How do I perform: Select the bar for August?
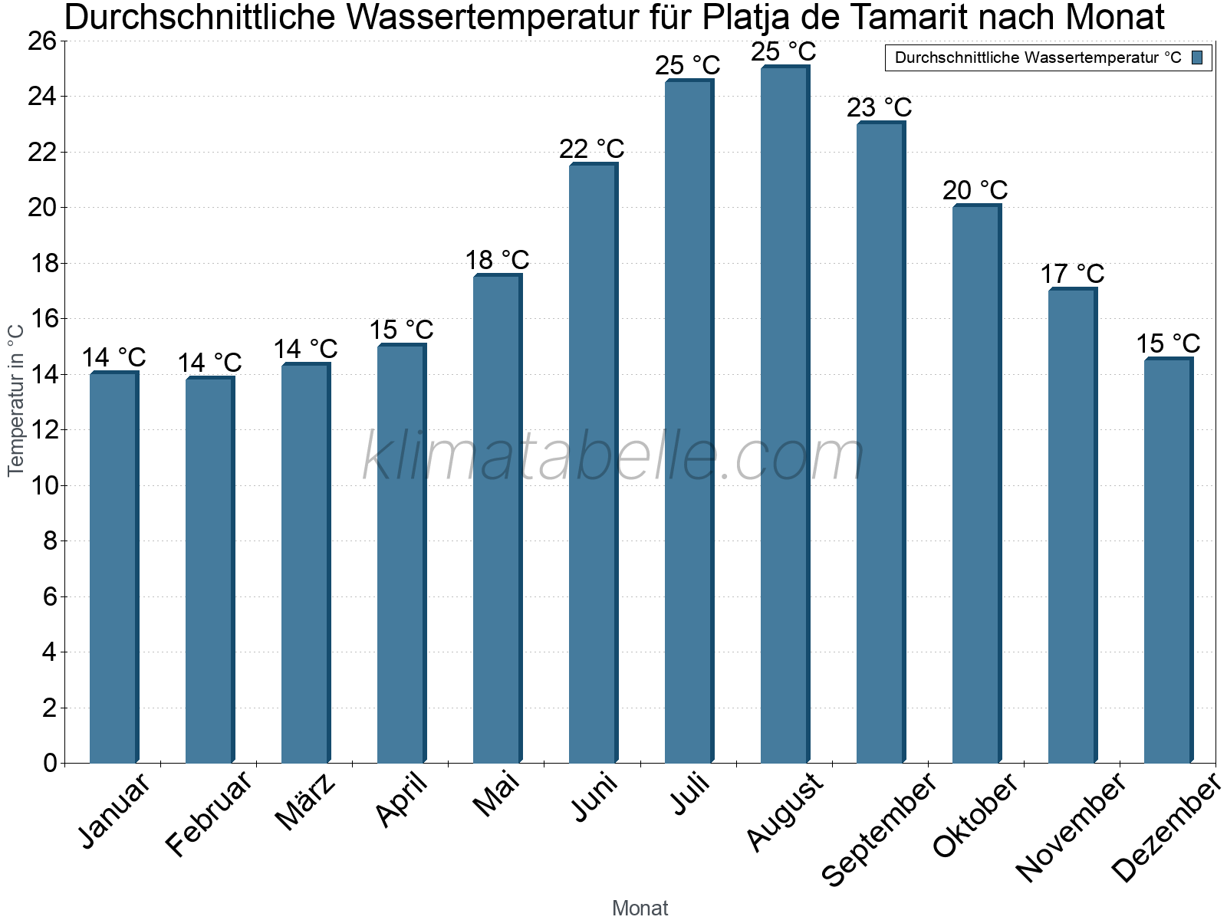pos(784,414)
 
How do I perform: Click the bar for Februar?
pos(209,570)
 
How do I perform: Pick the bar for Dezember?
pos(1167,560)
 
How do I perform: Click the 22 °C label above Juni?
pos(591,149)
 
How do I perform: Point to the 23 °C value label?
pos(879,107)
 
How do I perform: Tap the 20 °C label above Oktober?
pos(975,190)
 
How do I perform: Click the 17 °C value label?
pos(1071,274)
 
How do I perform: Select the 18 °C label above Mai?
pos(497,260)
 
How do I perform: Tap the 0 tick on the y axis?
pos(50,764)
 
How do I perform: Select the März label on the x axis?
pos(305,803)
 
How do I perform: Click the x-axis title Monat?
pos(640,909)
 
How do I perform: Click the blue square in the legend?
pos(1197,58)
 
